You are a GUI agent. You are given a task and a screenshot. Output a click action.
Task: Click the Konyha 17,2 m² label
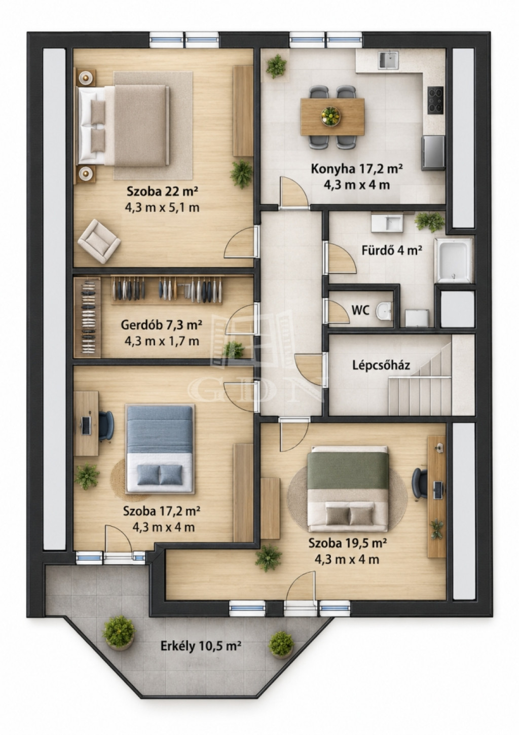(x=357, y=169)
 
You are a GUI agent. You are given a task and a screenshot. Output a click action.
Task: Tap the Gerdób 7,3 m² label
(x=161, y=325)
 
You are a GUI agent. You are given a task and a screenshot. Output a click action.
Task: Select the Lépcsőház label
(x=381, y=365)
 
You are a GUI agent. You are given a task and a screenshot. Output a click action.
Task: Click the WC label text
(x=360, y=310)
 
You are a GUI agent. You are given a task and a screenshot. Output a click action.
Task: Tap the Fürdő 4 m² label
(x=392, y=250)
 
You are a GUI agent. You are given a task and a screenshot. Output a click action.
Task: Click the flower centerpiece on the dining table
(x=330, y=116)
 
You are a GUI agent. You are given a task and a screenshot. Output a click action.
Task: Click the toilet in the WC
(x=384, y=310)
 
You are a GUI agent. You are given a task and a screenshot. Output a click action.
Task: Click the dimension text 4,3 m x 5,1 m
(x=162, y=208)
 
